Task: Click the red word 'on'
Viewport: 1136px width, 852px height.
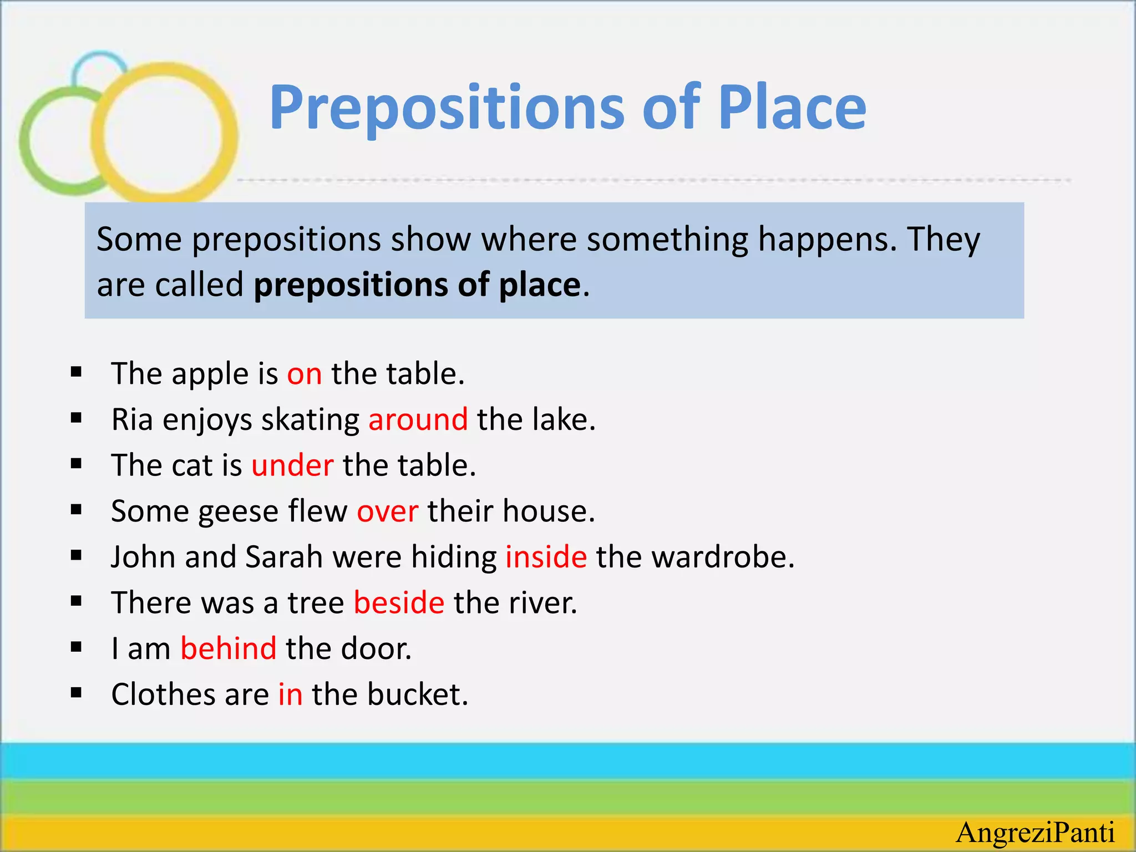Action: pyautogui.click(x=304, y=374)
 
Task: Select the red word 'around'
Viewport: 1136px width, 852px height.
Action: pyautogui.click(x=418, y=419)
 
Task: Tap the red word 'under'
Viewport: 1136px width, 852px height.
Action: pyautogui.click(x=292, y=465)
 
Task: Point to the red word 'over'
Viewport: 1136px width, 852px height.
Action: pyautogui.click(x=387, y=511)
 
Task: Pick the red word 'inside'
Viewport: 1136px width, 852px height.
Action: pyautogui.click(x=546, y=557)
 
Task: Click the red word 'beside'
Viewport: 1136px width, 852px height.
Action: pyautogui.click(x=399, y=603)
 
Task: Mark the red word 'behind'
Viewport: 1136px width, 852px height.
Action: pyautogui.click(x=229, y=648)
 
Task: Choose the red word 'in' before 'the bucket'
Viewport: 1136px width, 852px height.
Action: pyautogui.click(x=290, y=694)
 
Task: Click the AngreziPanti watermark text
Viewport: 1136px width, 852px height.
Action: pyautogui.click(x=1036, y=833)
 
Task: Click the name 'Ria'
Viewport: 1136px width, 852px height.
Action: pyautogui.click(x=132, y=419)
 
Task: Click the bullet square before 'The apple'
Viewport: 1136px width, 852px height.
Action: pyautogui.click(x=77, y=372)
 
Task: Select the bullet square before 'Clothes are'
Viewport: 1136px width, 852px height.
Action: pyautogui.click(x=77, y=693)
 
